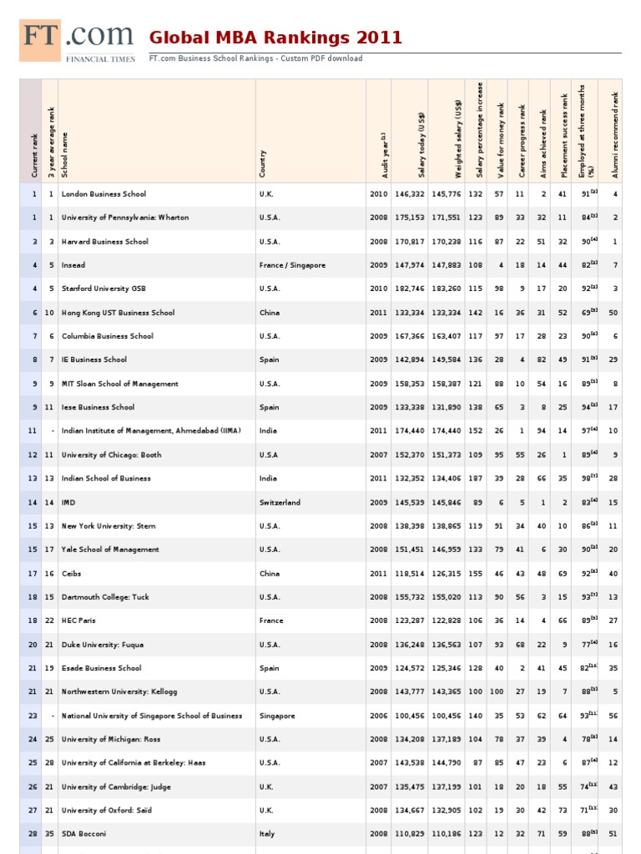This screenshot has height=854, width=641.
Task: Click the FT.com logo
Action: point(77,42)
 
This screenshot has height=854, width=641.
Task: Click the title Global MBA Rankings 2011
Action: point(275,38)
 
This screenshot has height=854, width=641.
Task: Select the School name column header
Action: point(65,154)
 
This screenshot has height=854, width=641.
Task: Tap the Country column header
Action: point(263,163)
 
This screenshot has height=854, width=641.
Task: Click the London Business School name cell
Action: point(103,194)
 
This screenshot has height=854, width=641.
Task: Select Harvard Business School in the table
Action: point(105,242)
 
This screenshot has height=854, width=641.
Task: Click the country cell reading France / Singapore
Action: point(292,265)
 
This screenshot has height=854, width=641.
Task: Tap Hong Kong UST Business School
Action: point(119,313)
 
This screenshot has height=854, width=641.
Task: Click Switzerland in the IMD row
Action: point(280,503)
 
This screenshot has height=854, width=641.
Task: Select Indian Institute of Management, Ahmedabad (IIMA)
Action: point(151,431)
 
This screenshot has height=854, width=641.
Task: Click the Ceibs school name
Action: point(72,574)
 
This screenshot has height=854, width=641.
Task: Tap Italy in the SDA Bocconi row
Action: point(267,834)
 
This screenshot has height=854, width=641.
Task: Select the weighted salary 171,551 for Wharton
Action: point(446,218)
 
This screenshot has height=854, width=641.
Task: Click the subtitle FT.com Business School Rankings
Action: point(255,58)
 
